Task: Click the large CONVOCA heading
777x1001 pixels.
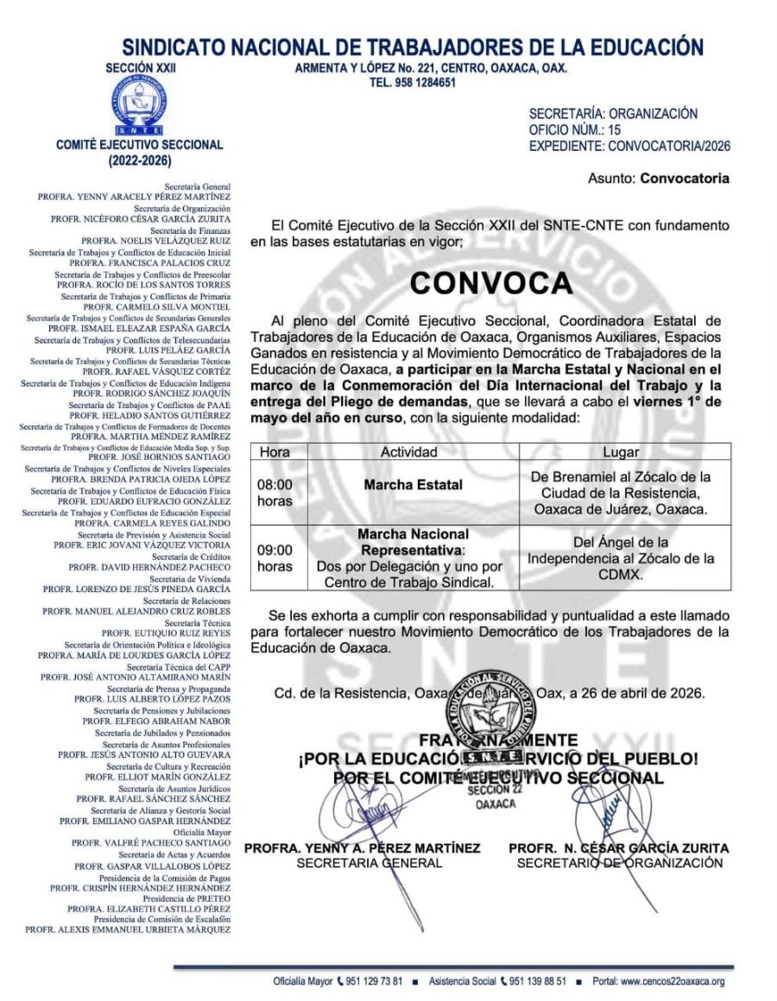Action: point(490,282)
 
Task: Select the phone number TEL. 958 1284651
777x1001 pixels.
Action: point(412,83)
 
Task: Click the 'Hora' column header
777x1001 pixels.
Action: point(275,451)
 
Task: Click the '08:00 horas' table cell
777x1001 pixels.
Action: point(275,492)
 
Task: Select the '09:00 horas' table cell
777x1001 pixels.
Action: point(275,557)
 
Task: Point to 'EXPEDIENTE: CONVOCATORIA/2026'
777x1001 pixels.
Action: point(629,146)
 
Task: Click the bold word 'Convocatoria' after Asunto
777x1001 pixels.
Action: point(684,179)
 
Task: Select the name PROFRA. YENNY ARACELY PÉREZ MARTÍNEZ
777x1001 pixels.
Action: point(134,197)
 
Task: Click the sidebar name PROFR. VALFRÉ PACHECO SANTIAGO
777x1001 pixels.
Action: point(151,841)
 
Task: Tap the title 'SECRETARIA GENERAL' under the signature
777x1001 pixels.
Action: point(369,862)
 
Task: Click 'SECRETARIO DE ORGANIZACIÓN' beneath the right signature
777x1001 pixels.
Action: point(619,862)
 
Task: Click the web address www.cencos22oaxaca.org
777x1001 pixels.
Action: point(672,981)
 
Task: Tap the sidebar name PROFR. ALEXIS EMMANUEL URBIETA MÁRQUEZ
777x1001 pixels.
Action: point(128,929)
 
